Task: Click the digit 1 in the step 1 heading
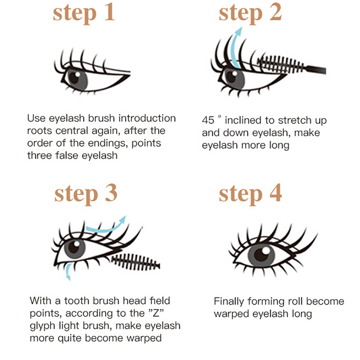pos(110,13)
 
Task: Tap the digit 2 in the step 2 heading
pos(275,13)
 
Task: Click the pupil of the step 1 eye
pos(74,77)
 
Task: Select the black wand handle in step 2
pos(315,69)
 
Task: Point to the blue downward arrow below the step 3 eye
pos(68,272)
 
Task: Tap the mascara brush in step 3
pos(135,262)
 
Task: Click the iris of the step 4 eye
pos(261,255)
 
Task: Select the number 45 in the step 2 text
pos(208,120)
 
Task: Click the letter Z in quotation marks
pos(156,313)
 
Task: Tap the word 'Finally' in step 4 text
pos(229,301)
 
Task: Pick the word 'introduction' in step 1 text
pos(147,118)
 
